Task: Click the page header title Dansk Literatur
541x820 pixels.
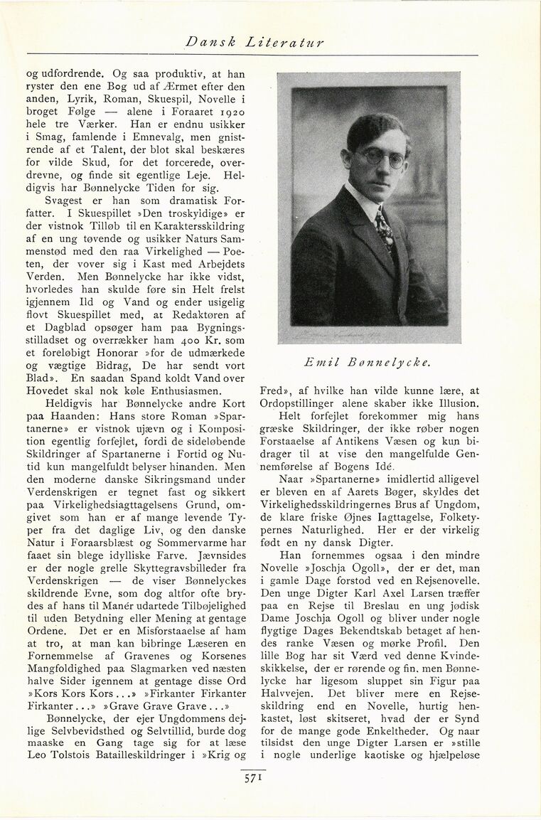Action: pyautogui.click(x=255, y=43)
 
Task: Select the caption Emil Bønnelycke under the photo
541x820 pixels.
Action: pyautogui.click(x=368, y=362)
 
